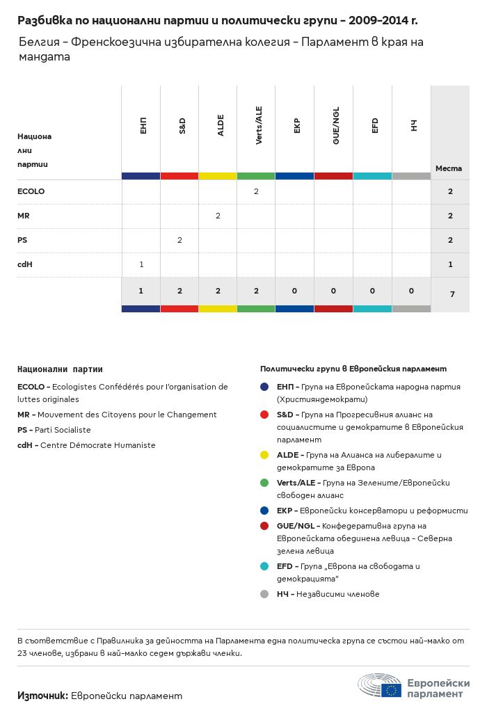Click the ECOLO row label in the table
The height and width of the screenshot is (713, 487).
31,191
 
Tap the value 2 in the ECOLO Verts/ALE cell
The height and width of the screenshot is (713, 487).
256,191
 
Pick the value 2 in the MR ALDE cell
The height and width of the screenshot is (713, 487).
218,216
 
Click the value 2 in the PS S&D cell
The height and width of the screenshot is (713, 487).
179,240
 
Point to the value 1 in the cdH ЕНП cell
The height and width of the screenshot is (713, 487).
141,264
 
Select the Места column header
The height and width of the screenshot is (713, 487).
449,168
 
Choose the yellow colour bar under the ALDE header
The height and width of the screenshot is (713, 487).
218,176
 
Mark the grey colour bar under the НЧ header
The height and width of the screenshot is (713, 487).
411,176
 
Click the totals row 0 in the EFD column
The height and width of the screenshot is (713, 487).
373,291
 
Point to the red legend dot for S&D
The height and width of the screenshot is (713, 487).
264,415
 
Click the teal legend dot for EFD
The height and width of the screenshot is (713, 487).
264,567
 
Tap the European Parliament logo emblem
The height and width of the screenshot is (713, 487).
380,686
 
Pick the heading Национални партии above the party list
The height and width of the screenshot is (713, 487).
55,369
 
